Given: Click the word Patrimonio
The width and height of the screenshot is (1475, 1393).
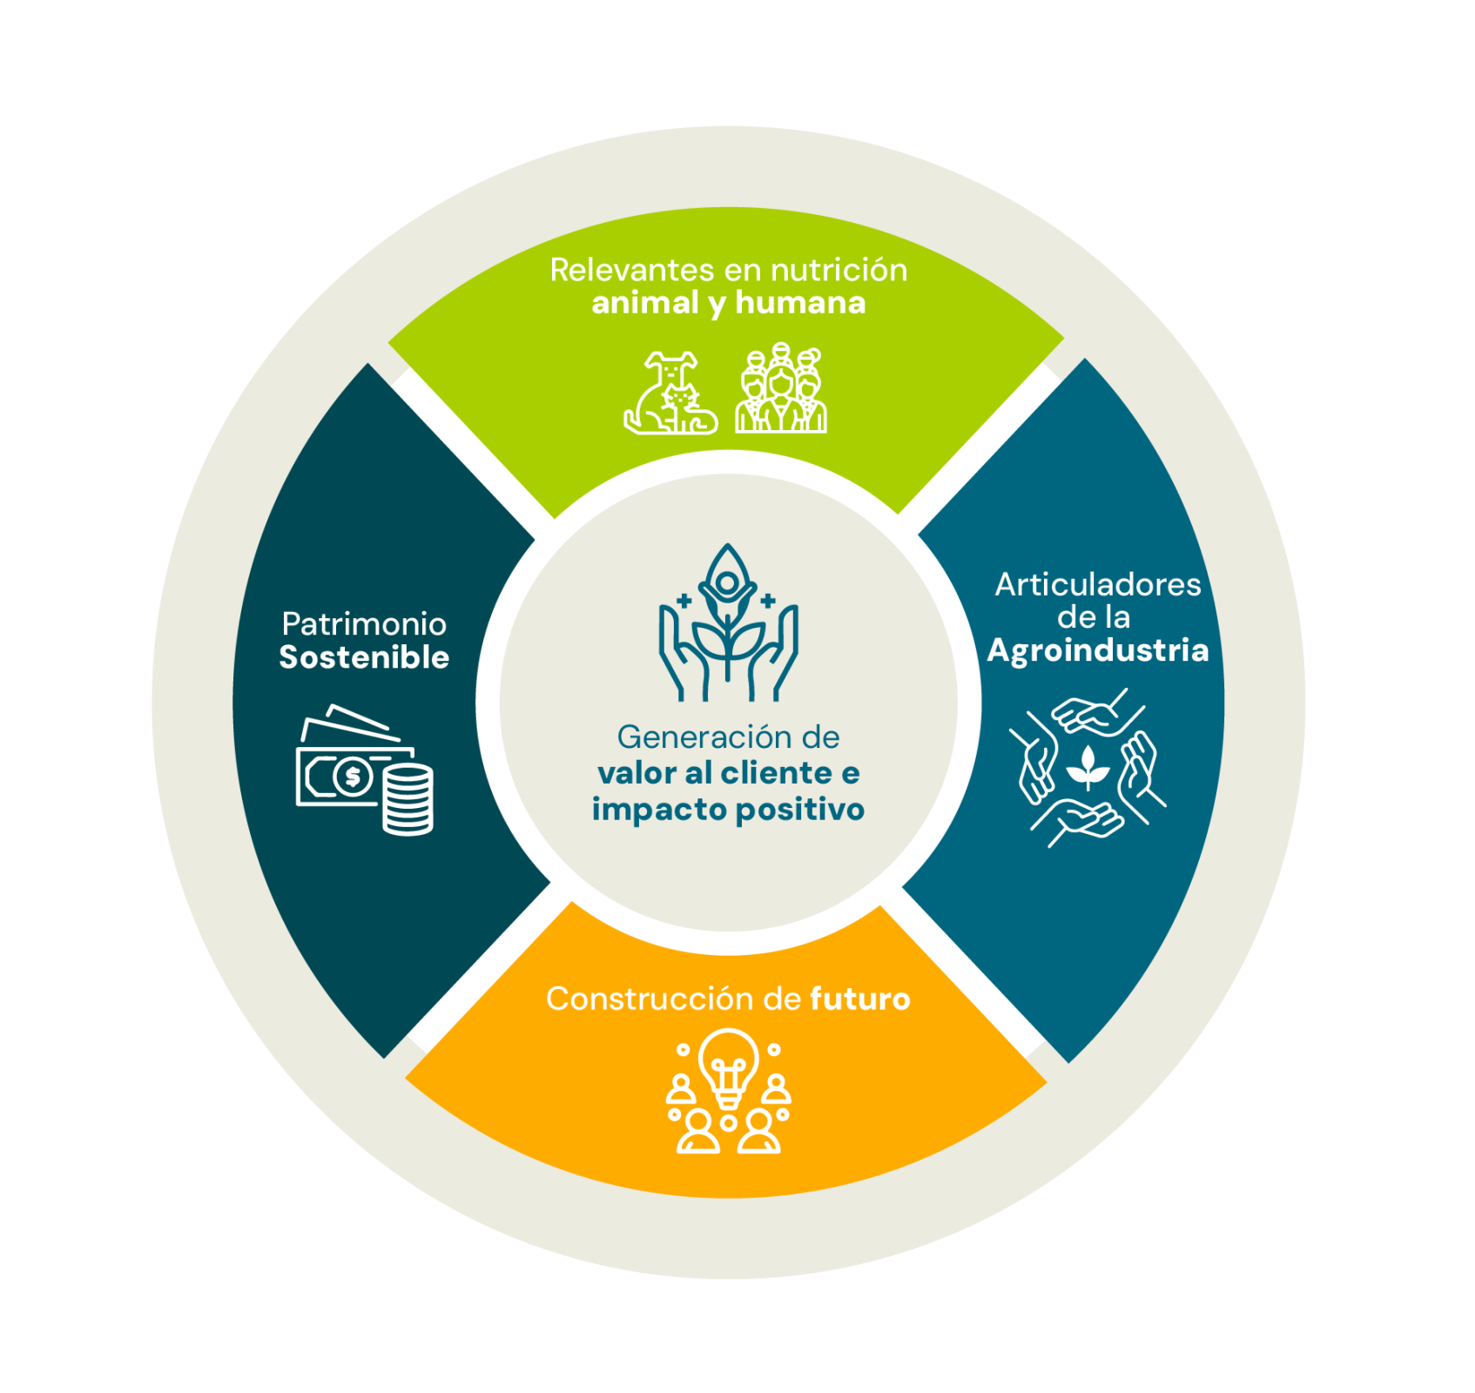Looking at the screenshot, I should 364,623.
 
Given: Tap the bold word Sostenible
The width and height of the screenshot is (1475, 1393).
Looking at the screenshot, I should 364,657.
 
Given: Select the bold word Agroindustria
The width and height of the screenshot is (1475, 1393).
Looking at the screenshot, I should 1097,650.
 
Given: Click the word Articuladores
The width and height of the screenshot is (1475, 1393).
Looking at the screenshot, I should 1097,584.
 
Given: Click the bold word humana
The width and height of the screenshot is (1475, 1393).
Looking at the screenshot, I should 800,303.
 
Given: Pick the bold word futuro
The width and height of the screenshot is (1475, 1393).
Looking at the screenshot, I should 859,999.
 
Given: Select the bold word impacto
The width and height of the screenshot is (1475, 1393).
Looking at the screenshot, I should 659,810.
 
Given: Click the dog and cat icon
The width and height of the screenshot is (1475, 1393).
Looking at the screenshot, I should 671,393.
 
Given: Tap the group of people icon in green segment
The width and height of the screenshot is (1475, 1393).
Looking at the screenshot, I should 781,388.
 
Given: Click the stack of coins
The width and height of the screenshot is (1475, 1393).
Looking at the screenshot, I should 407,798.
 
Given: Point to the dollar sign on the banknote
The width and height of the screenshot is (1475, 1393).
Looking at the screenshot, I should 353,776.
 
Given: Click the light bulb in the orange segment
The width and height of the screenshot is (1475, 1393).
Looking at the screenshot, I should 728,1067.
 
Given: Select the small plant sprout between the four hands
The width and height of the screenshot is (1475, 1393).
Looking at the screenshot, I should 1088,766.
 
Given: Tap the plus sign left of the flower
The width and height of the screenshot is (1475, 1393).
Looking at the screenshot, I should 684,601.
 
